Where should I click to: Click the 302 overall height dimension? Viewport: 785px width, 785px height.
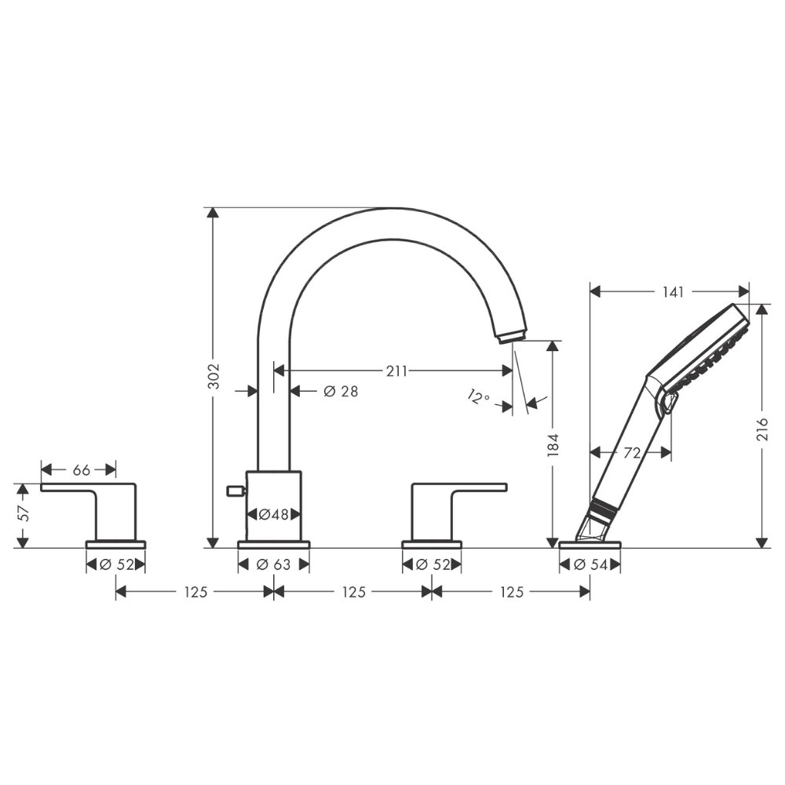click(214, 376)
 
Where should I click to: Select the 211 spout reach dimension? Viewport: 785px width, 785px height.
click(396, 371)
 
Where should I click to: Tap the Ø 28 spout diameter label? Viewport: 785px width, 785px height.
click(341, 391)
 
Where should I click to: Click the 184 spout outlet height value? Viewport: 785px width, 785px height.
click(553, 445)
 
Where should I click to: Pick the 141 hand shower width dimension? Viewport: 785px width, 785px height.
click(673, 292)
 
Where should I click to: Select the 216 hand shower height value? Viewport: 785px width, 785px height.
click(762, 429)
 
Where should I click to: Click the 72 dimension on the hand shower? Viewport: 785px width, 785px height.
click(632, 453)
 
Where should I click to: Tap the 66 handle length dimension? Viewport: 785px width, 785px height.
click(81, 470)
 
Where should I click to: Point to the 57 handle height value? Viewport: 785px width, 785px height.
click(24, 513)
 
